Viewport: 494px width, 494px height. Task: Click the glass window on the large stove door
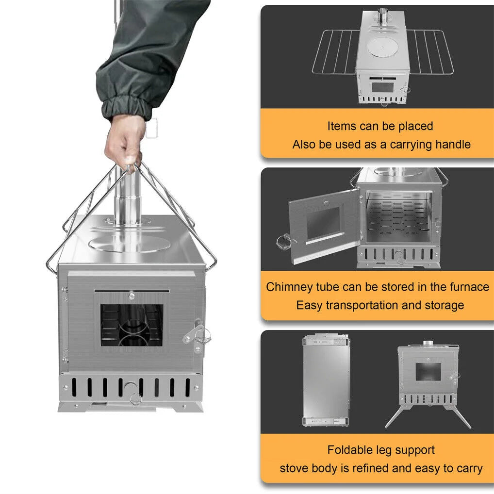tap(132, 325)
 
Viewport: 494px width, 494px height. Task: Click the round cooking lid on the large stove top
tap(130, 243)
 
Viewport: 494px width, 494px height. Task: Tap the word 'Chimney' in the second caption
tap(289, 287)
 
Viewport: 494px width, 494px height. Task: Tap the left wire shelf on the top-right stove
tap(335, 50)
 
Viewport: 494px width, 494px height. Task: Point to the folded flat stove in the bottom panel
tap(326, 380)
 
